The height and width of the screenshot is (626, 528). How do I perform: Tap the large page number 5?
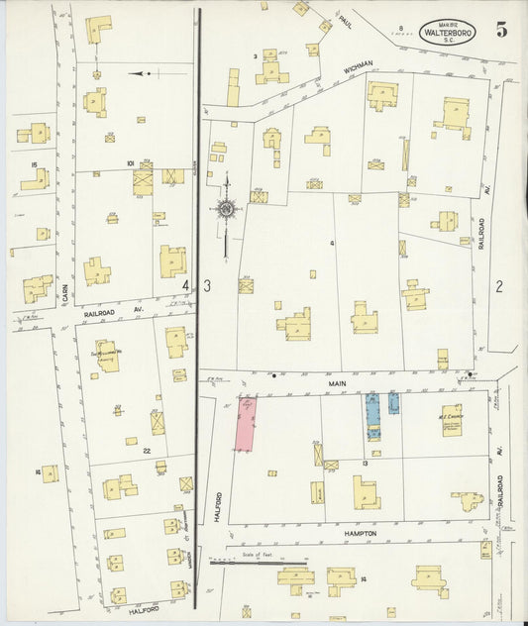point(502,30)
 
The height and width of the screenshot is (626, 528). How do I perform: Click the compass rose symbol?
point(227,208)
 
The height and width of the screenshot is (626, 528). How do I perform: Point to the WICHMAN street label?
point(358,65)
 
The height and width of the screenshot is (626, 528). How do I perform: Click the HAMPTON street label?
point(360,533)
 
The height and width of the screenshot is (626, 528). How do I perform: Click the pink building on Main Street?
point(244,421)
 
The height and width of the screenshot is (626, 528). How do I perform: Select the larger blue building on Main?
point(373,415)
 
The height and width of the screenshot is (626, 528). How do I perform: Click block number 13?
point(366,463)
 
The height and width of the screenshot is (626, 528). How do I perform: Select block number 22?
point(146,451)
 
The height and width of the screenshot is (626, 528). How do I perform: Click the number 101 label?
point(130,161)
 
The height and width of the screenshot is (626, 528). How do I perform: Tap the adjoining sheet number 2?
point(500,287)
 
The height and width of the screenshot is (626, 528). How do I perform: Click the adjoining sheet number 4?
point(185,285)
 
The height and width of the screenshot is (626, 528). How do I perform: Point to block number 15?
point(34,164)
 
